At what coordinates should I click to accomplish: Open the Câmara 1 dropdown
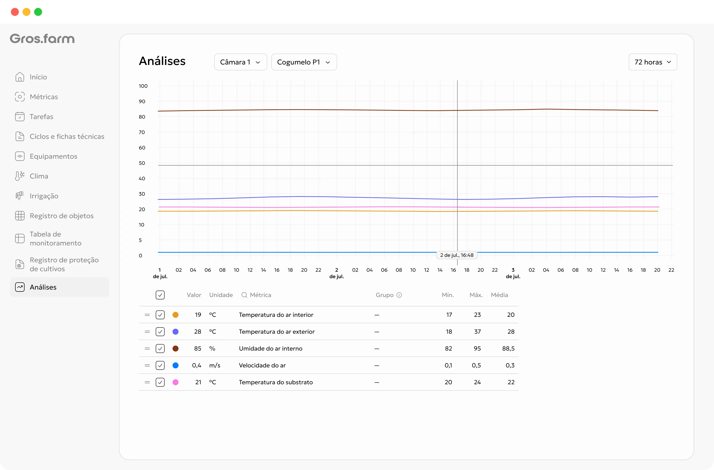pos(240,62)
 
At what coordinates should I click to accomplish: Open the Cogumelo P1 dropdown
pos(304,62)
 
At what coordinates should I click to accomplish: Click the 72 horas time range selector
pos(653,62)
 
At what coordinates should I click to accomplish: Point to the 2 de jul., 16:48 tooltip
pos(457,255)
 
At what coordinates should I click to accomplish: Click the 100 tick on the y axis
pos(143,86)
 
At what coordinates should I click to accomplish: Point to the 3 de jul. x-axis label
pos(513,273)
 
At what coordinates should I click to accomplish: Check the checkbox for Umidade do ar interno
pos(160,349)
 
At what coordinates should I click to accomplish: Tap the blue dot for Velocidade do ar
pos(176,365)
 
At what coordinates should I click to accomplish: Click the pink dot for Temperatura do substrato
pos(176,382)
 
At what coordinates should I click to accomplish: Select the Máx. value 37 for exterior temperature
pos(477,331)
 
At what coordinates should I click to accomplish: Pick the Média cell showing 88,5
pos(508,349)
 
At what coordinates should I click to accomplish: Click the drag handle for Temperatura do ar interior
pos(147,315)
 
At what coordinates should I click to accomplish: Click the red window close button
pos(15,12)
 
